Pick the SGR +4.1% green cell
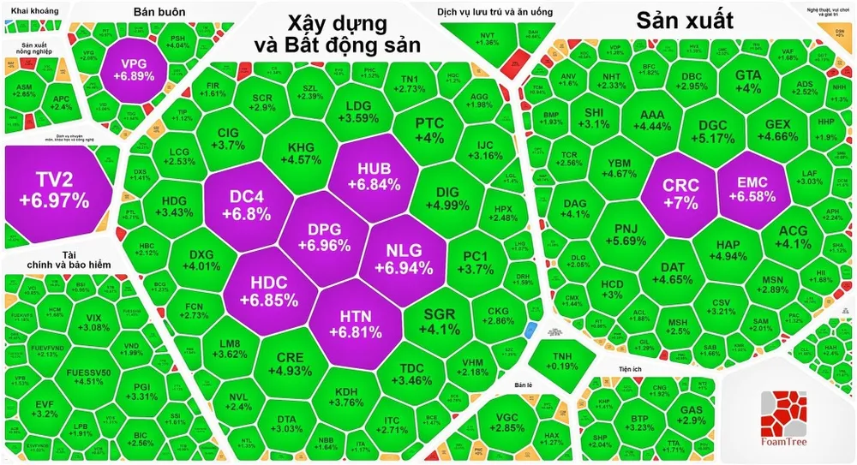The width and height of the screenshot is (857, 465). coord(442,320)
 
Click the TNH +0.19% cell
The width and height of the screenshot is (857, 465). coord(561,361)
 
